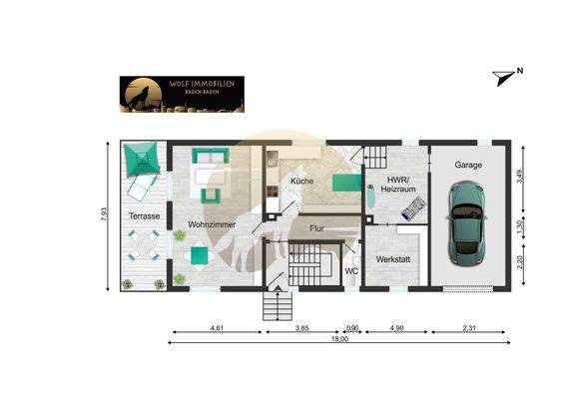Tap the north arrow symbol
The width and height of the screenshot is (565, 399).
[505, 73]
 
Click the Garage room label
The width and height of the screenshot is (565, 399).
[468, 165]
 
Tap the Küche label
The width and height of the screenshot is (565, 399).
[302, 181]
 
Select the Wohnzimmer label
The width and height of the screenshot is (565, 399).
[212, 225]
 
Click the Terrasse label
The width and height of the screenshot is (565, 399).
[145, 215]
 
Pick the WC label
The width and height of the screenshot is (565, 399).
[350, 271]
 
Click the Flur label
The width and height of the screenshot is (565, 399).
[316, 228]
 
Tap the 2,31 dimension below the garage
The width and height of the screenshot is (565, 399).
[473, 327]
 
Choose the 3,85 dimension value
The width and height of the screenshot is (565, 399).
[301, 327]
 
